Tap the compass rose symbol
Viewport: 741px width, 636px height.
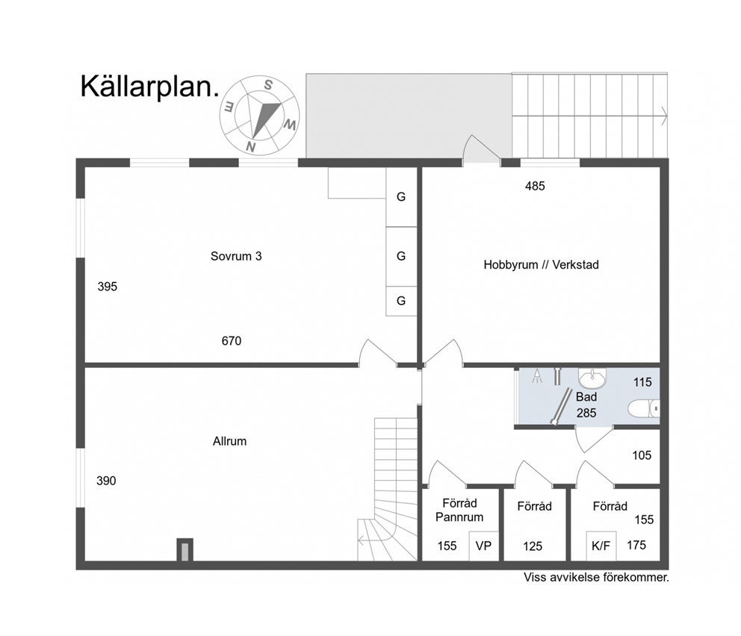point(259,115)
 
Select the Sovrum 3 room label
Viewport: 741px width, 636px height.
point(236,256)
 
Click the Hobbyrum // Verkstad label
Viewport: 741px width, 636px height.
point(541,265)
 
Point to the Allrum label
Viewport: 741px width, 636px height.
point(229,441)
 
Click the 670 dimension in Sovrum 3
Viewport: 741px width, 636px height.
point(232,341)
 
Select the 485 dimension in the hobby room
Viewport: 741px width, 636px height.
point(535,187)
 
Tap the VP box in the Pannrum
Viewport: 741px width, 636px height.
point(483,546)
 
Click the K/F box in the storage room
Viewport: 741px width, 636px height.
point(601,546)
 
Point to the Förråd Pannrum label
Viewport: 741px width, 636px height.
point(459,511)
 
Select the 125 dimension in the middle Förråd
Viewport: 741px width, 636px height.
point(533,546)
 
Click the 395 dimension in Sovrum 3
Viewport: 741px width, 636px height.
point(108,287)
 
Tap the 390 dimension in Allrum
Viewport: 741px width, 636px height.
point(106,481)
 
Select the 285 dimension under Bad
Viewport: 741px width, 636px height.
point(586,413)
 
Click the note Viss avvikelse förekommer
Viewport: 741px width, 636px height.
point(596,578)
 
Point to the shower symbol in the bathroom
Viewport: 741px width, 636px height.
point(537,376)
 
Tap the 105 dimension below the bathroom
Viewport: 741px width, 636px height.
point(642,455)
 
